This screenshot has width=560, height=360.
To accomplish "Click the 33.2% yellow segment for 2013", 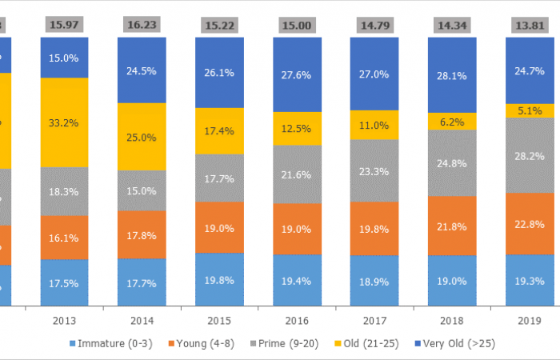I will click(64, 122).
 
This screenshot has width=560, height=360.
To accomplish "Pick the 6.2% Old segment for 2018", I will click(452, 121).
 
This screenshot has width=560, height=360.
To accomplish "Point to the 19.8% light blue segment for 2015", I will click(219, 279).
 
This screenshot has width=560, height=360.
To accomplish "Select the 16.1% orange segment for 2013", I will click(64, 238).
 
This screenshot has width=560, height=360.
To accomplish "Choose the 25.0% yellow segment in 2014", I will click(142, 137).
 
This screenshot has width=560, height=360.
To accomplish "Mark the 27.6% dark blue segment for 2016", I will click(297, 74).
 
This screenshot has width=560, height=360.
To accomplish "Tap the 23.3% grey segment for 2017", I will click(374, 170).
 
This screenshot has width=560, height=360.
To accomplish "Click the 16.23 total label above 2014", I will click(142, 24).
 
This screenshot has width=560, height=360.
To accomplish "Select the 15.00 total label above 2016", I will click(297, 24).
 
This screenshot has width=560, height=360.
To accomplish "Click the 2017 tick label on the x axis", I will click(374, 320).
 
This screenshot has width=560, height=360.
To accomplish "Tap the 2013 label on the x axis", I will click(64, 320).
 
